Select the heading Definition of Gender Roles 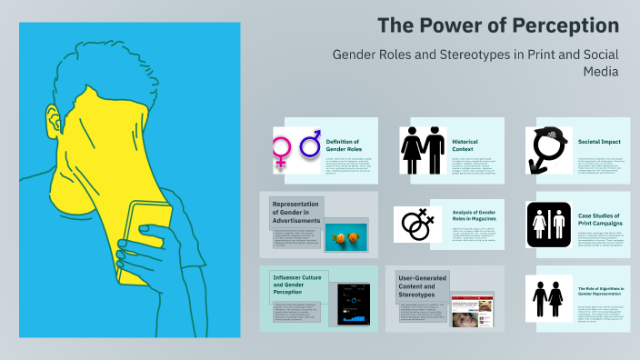tap(343, 145)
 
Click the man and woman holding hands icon tap(422, 147)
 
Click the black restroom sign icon tap(548, 224)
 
